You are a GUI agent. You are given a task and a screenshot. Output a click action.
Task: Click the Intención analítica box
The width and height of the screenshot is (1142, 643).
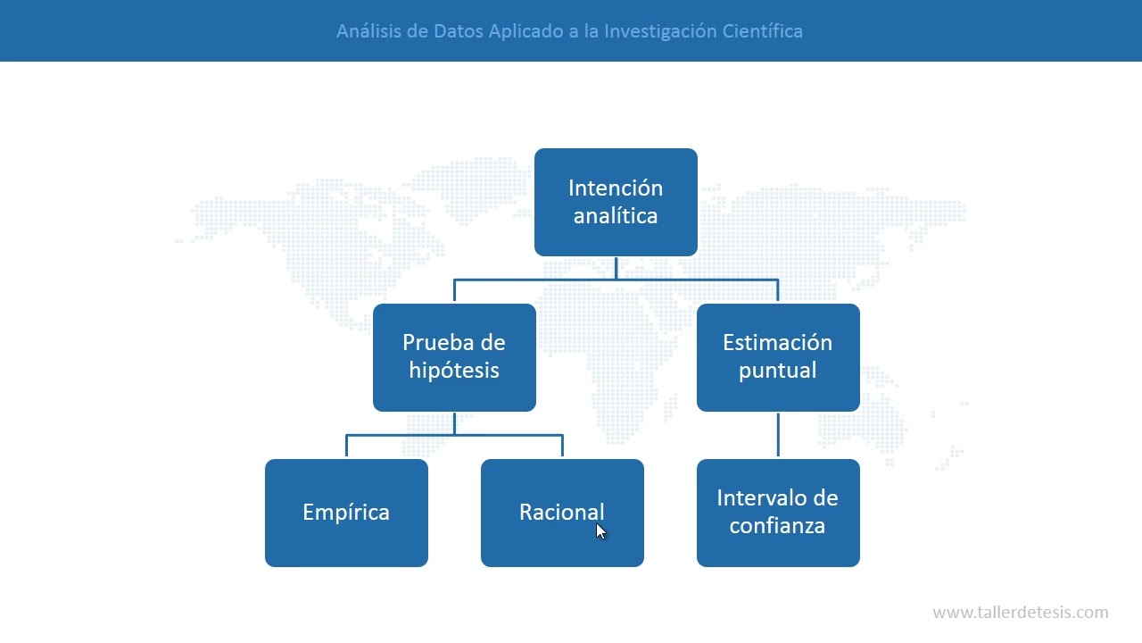pos(616,202)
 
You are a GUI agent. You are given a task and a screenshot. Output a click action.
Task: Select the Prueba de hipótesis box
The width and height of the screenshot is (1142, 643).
pos(454,357)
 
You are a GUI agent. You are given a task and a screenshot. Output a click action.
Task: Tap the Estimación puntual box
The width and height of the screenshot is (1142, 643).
pos(778,357)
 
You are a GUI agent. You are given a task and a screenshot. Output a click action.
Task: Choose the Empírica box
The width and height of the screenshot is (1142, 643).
pos(346,513)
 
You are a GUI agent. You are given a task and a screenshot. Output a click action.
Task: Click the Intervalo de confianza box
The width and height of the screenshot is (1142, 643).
pos(778,513)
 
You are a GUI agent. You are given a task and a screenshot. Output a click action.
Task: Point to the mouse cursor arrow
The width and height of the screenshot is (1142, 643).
pos(600,530)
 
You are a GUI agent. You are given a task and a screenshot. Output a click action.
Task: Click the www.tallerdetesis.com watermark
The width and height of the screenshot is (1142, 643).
pos(1021,613)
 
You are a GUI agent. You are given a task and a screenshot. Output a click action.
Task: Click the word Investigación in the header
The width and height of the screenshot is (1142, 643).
pos(660,31)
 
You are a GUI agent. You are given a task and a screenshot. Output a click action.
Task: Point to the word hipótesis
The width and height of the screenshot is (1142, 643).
pos(454,371)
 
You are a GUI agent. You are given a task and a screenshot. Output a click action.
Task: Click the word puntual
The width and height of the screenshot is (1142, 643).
pos(778,371)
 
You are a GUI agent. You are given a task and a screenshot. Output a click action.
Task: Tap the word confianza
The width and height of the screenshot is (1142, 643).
pos(777,526)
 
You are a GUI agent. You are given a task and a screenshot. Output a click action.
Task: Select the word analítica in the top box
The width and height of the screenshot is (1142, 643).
pos(616,216)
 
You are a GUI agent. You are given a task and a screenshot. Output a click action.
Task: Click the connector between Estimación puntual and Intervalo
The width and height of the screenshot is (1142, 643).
pos(778,435)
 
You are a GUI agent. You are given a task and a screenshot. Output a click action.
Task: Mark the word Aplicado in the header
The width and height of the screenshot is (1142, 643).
pos(525,31)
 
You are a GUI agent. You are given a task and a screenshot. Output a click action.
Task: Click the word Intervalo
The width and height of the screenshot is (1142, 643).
pos(754,498)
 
